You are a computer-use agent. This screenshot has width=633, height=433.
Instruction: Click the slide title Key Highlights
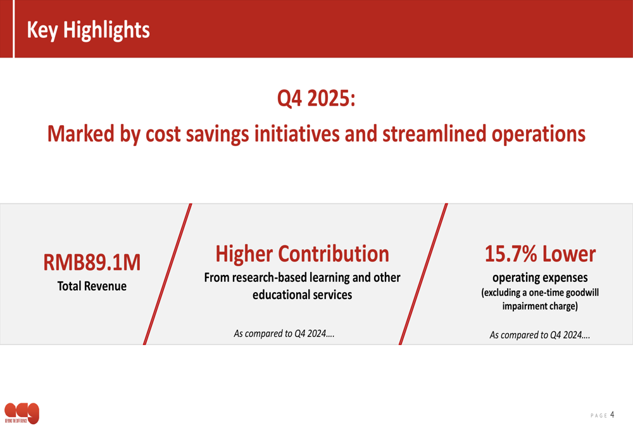(x=88, y=30)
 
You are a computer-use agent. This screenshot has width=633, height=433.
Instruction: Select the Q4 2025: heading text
(x=316, y=98)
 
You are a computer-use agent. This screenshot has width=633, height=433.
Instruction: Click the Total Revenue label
(x=92, y=286)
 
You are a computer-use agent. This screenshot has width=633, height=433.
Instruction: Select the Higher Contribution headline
(x=302, y=253)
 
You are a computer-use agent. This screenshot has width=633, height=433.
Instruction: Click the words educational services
(x=302, y=295)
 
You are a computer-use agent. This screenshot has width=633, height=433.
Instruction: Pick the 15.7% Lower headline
(x=540, y=253)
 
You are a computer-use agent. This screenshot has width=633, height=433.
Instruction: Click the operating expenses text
(x=540, y=277)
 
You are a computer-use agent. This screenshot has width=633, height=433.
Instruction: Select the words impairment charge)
(x=540, y=307)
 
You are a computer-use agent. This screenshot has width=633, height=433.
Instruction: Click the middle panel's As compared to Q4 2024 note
(x=284, y=333)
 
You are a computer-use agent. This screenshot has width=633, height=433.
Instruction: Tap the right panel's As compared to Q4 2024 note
(x=540, y=335)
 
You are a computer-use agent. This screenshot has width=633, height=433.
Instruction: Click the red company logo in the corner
(x=22, y=413)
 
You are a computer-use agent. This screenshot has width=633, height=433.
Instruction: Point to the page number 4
(x=612, y=415)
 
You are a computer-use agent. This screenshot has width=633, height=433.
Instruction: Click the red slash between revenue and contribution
(x=168, y=274)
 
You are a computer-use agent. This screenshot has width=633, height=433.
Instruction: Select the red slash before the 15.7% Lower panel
(x=423, y=274)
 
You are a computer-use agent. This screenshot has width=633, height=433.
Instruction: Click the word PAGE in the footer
(x=598, y=416)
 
